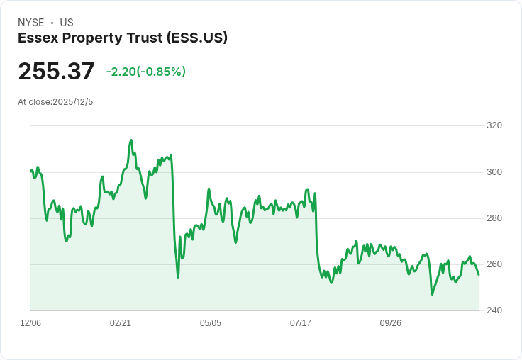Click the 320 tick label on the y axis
coord(494,125)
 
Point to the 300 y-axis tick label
coord(494,172)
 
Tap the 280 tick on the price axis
coord(494,218)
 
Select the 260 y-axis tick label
coord(494,264)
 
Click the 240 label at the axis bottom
coord(494,310)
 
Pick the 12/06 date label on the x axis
coord(30,323)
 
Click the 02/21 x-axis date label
coord(121,323)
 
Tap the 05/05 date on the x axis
coord(211,323)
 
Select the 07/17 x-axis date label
coord(301,323)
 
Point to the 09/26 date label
coord(391,323)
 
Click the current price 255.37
coord(56,71)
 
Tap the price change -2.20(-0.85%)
coord(146,72)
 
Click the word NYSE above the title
coord(31,23)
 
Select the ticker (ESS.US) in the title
coord(197,38)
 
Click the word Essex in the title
coord(38,38)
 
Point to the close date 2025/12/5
coord(73,102)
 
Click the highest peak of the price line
coord(131,140)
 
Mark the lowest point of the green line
coord(432,294)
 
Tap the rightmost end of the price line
coord(479,274)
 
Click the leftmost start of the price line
coord(31,171)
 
